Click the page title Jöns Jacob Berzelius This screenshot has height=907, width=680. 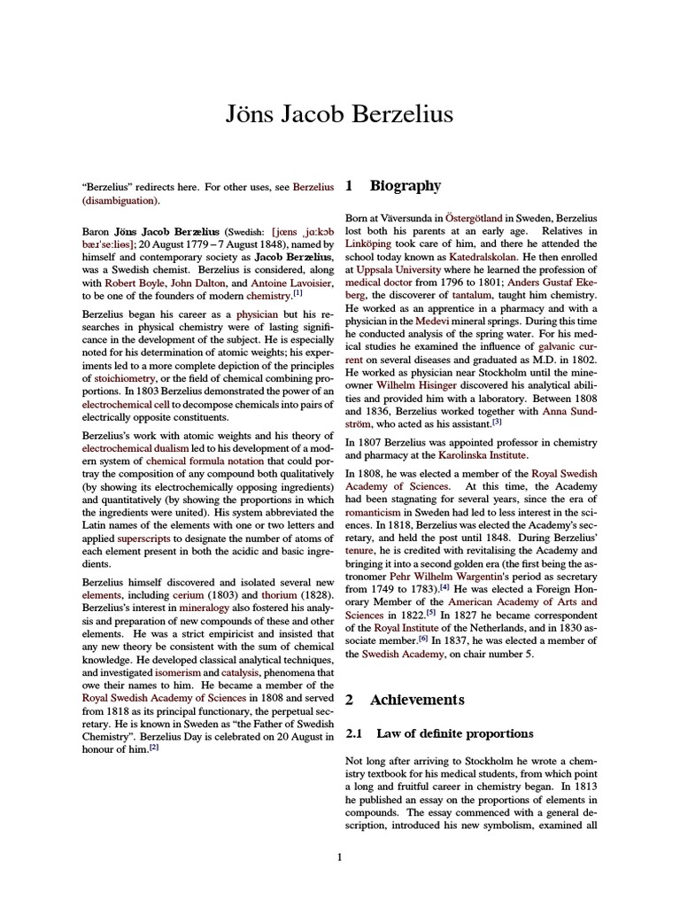[x=340, y=114]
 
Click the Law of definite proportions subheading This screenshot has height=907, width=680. [x=455, y=733]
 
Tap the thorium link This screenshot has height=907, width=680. [x=279, y=596]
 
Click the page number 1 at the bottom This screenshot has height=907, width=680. [x=339, y=857]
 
